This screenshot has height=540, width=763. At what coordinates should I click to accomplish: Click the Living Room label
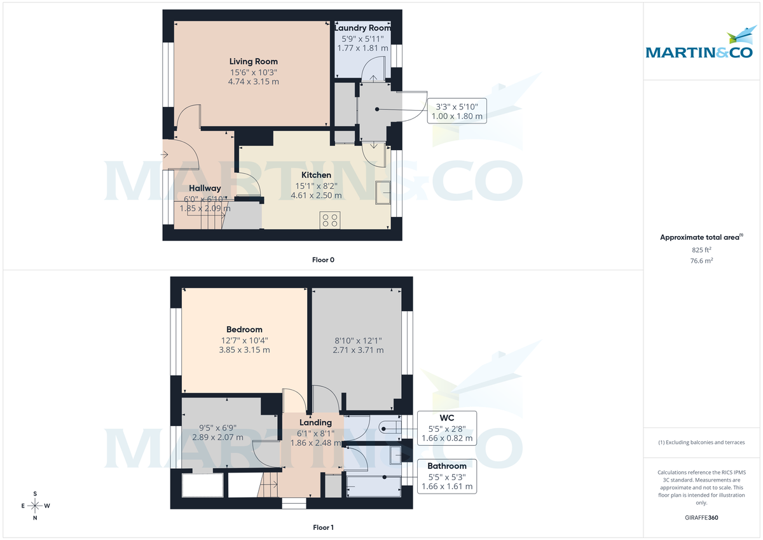pyautogui.click(x=253, y=62)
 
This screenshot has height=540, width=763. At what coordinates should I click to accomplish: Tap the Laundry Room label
pyautogui.click(x=362, y=28)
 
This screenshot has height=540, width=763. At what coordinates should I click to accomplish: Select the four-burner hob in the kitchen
pyautogui.click(x=330, y=220)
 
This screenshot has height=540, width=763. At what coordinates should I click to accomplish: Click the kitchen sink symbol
pyautogui.click(x=383, y=193)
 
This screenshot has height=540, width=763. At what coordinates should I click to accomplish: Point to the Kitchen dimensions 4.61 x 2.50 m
pyautogui.click(x=316, y=195)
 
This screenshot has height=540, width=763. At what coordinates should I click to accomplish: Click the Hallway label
pyautogui.click(x=205, y=188)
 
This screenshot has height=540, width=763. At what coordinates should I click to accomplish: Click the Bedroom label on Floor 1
pyautogui.click(x=244, y=329)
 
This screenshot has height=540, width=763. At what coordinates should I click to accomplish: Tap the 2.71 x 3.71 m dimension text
pyautogui.click(x=358, y=350)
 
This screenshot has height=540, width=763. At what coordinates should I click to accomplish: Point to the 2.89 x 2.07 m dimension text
pyautogui.click(x=218, y=438)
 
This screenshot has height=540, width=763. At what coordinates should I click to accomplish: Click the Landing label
pyautogui.click(x=316, y=422)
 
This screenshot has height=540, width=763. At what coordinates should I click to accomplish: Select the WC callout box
pyautogui.click(x=446, y=428)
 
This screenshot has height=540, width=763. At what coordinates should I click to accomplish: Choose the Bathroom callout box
pyautogui.click(x=446, y=476)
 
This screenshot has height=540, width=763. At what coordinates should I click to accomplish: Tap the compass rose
pyautogui.click(x=35, y=506)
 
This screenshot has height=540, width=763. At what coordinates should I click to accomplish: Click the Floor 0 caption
pyautogui.click(x=323, y=260)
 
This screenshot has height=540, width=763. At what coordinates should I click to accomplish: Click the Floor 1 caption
pyautogui.click(x=323, y=527)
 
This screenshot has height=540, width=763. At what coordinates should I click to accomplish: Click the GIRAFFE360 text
pyautogui.click(x=702, y=518)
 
